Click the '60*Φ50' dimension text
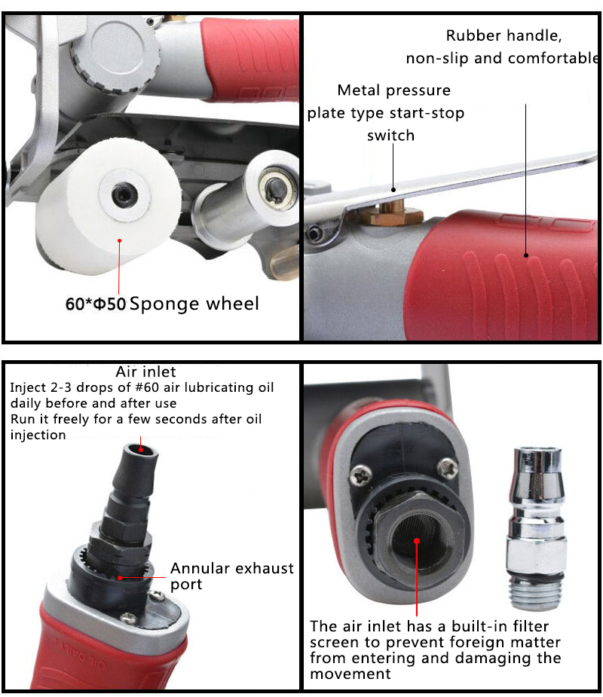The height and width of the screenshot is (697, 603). pyautogui.click(x=95, y=304)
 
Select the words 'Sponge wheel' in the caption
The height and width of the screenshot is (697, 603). pyautogui.click(x=194, y=304)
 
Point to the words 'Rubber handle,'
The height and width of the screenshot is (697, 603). pyautogui.click(x=504, y=35)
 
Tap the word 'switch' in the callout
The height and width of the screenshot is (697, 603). pyautogui.click(x=390, y=136)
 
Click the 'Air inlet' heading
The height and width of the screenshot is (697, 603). pyautogui.click(x=145, y=371)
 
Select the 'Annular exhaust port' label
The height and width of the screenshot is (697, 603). pyautogui.click(x=231, y=576)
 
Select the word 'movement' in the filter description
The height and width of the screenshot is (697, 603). pyautogui.click(x=350, y=673)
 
